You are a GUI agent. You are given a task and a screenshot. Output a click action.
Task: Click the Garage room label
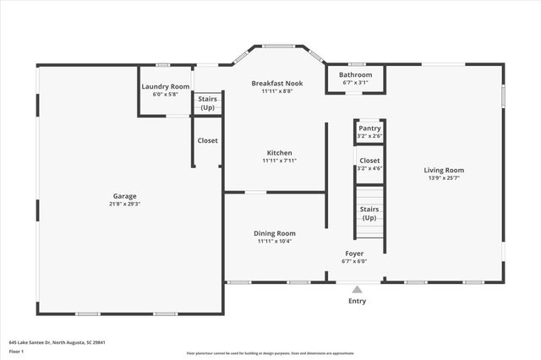point(124,195)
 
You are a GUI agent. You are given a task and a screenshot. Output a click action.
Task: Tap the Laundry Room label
point(165,86)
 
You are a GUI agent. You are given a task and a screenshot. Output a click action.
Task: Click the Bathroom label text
point(356,74)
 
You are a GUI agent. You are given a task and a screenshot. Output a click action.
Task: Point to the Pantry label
point(369,128)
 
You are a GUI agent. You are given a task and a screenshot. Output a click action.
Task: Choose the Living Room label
point(444,170)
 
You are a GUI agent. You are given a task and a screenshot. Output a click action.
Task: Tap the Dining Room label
point(275,233)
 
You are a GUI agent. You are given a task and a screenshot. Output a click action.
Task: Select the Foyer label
point(354,254)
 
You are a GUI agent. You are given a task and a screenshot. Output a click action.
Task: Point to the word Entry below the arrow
point(358,301)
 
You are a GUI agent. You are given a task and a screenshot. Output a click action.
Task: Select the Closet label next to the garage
point(207,140)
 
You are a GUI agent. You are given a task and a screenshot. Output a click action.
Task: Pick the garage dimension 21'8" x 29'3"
point(124,204)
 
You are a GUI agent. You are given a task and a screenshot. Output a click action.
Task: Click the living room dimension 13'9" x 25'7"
point(444,178)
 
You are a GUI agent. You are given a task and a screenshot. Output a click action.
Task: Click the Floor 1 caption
point(17,350)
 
